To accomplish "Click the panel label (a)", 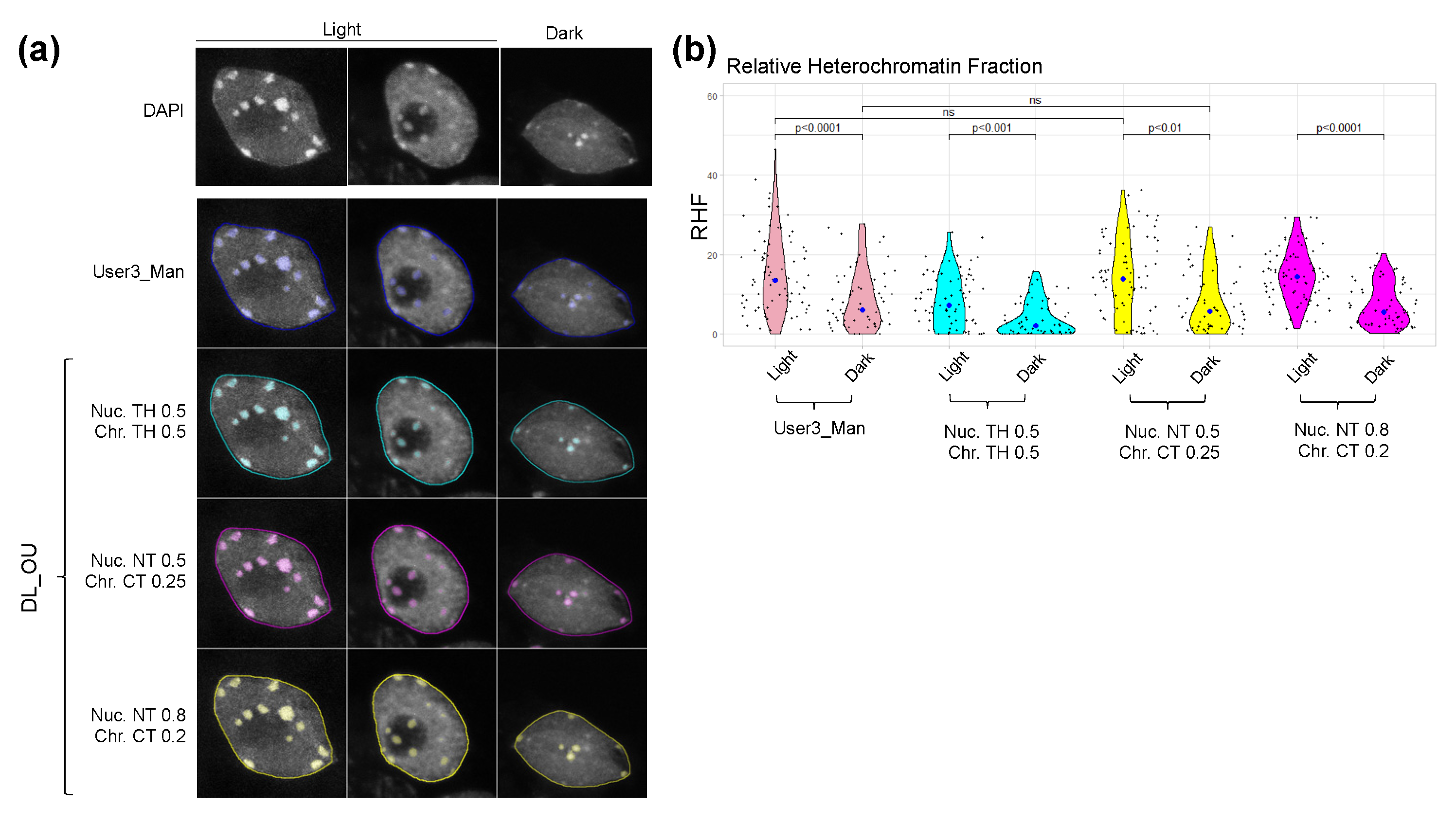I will pos(38,51).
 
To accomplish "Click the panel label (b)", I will pos(693,51).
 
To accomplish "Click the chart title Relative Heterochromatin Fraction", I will pos(883,67).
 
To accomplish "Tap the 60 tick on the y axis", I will pos(711,97).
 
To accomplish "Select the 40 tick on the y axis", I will pos(711,176).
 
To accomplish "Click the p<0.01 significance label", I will pos(1165,128).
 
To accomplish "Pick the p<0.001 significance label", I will pos(991,128).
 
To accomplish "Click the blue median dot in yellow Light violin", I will pos(1123,279).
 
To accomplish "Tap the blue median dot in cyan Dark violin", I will pos(1036,326).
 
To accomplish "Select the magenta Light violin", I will pos(1296,271).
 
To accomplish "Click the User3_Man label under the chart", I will pos(819,429).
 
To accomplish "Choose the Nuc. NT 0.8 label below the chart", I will pos(1341,430).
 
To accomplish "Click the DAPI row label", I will pos(163,110).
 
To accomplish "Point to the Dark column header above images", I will pos(564,34).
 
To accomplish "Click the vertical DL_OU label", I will pos(29,577).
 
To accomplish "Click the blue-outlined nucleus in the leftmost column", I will pos(271,277).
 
